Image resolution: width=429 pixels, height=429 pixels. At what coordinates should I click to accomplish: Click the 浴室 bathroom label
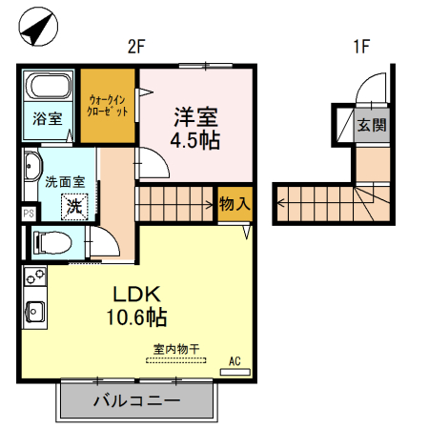click(x=48, y=119)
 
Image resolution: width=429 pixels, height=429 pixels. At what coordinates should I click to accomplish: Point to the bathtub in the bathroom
click(x=49, y=89)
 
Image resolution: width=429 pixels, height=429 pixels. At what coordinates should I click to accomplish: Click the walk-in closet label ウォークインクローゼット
click(x=107, y=105)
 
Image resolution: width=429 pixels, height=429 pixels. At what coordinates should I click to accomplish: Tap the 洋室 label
click(x=195, y=118)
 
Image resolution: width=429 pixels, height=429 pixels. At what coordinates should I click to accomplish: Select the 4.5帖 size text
click(x=195, y=141)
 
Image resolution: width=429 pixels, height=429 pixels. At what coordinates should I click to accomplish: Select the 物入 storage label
click(x=235, y=203)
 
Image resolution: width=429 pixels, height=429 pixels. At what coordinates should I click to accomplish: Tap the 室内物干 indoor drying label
click(x=175, y=349)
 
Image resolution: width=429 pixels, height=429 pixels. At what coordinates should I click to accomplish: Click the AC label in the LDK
click(x=235, y=361)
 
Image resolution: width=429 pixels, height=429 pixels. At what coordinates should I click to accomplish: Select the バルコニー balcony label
click(x=135, y=400)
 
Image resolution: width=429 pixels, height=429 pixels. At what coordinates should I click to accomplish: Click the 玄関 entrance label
click(x=372, y=125)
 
